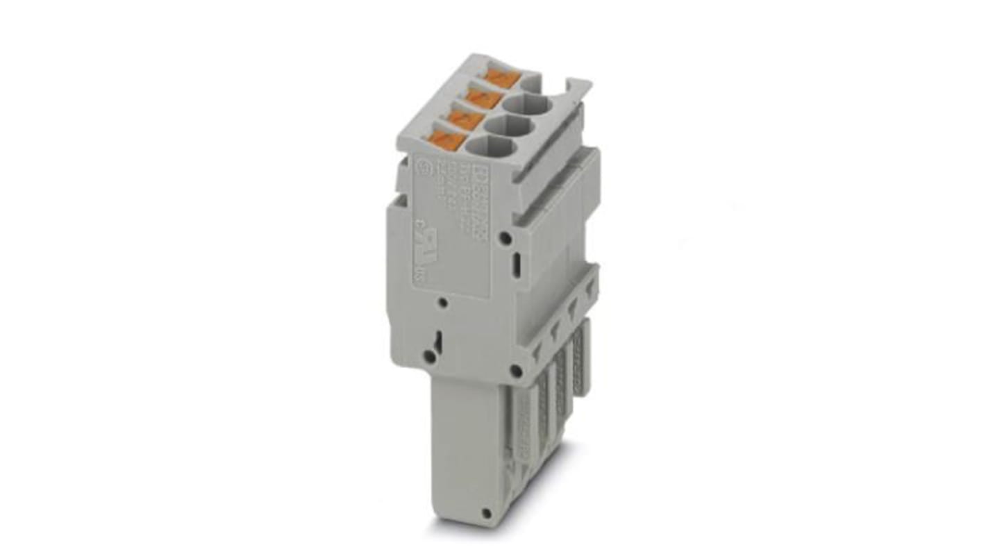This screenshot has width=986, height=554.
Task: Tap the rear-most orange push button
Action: click(501, 78)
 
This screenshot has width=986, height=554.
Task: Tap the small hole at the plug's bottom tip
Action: click(487, 513)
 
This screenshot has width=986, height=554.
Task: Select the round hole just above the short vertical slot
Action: click(506, 239)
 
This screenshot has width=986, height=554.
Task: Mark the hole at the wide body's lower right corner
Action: click(516, 371)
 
